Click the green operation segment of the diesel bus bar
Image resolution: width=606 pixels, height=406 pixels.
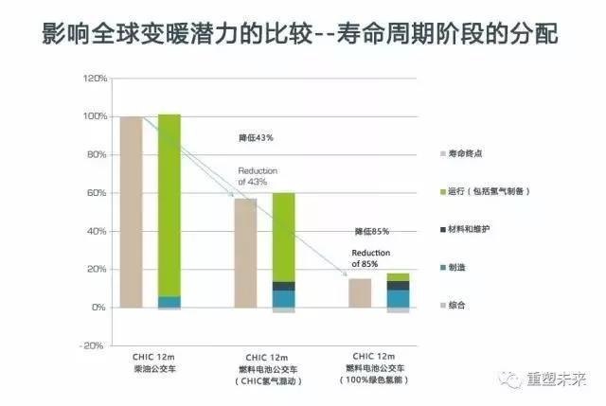click(169, 203)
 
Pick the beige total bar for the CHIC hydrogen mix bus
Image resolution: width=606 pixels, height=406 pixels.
click(245, 253)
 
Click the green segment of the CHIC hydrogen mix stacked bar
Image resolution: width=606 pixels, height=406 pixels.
click(283, 237)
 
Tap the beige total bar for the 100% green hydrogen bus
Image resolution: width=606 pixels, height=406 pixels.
click(360, 293)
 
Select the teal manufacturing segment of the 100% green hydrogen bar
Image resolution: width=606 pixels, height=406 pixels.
click(398, 298)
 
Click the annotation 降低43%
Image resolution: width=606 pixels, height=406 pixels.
click(256, 138)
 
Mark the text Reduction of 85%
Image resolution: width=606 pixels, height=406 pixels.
click(371, 258)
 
